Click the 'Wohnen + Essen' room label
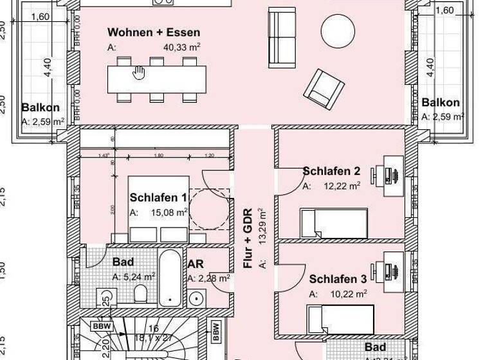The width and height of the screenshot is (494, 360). tap(153, 32)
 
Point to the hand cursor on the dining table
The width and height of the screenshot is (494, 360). tap(138, 73)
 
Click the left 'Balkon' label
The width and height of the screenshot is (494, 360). tap(41, 107)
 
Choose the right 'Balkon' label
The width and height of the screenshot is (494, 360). tap(441, 102)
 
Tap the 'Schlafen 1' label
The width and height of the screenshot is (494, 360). tap(158, 197)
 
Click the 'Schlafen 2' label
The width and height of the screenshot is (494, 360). tap(331, 171)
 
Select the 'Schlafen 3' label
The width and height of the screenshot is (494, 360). tap(338, 279)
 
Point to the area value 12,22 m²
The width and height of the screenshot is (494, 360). tap(341, 186)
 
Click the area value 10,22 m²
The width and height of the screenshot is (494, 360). tap(347, 294)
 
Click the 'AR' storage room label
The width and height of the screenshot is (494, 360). tap(196, 264)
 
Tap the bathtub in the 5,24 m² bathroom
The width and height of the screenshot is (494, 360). tap(170, 278)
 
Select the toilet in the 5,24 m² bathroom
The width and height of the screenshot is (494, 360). tap(141, 295)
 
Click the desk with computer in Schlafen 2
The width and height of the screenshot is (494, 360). tap(390, 170)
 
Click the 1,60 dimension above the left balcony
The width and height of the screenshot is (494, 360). tap(40, 17)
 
